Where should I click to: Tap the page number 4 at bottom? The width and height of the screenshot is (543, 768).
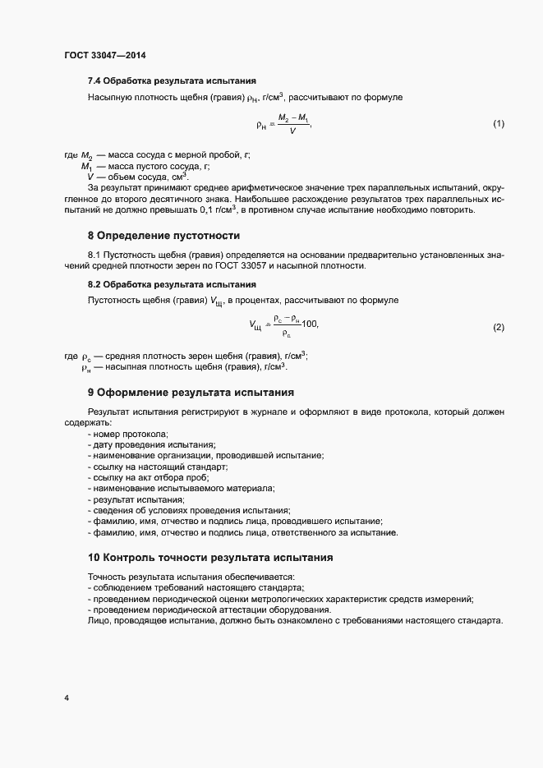[66, 698]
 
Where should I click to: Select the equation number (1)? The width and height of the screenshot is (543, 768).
[498, 124]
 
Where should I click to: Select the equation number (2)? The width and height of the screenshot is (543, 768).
[498, 327]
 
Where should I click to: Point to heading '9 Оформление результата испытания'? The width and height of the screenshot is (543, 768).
[191, 393]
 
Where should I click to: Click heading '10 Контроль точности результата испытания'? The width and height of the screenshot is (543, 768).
[209, 557]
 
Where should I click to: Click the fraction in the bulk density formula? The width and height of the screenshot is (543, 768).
[292, 125]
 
